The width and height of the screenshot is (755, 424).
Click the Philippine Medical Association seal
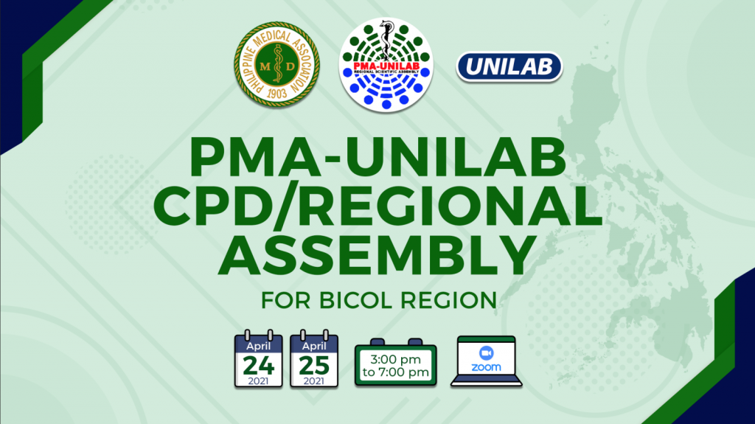[277, 64]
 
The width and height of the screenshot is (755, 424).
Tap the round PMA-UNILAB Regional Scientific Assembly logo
[386, 65]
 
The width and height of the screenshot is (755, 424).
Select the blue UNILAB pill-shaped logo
[509, 66]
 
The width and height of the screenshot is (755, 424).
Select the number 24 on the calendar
[259, 366]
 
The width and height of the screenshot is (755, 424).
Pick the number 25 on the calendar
[314, 366]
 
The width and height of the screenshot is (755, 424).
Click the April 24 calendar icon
[259, 358]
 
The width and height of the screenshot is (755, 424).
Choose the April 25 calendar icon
[314, 358]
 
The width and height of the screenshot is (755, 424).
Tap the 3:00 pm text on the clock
[395, 359]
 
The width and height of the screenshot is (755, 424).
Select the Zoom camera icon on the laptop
[487, 353]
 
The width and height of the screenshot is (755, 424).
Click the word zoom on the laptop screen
[487, 368]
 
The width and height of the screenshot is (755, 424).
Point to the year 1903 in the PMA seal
[277, 93]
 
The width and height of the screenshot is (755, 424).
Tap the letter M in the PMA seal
[265, 66]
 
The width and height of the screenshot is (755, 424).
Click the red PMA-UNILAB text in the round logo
[386, 66]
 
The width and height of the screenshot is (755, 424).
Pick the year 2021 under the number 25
[314, 381]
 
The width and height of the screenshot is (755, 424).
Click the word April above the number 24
[259, 346]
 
